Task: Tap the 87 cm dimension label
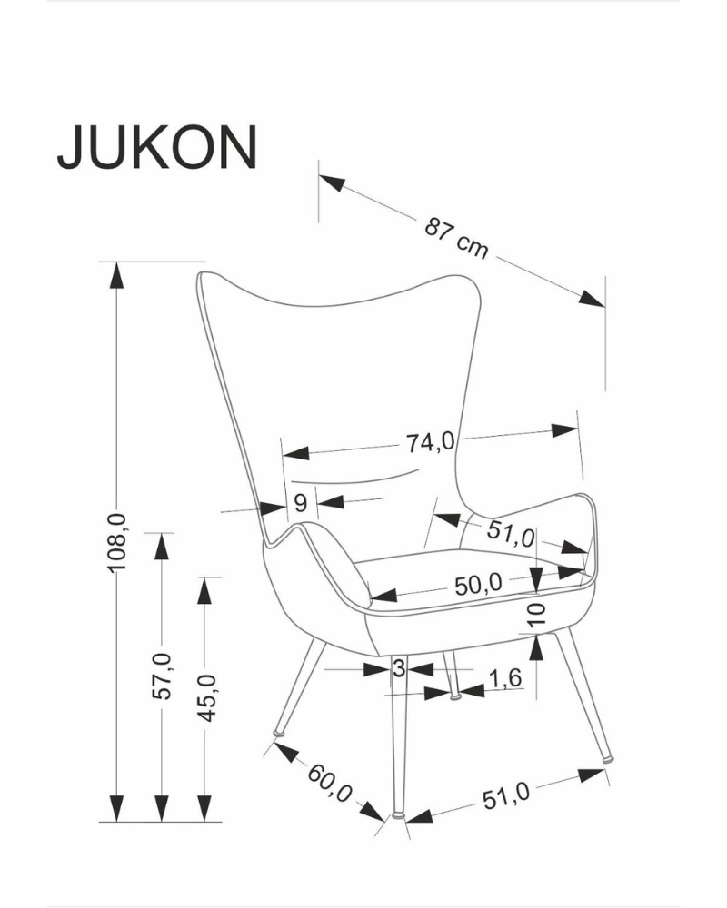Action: [x=456, y=238]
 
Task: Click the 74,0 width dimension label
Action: [x=430, y=442]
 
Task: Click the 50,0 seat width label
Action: [x=479, y=585]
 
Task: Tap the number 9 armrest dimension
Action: [x=301, y=501]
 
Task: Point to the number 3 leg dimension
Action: [x=397, y=668]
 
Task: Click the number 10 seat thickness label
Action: [x=536, y=615]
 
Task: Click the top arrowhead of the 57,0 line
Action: [x=161, y=546]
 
